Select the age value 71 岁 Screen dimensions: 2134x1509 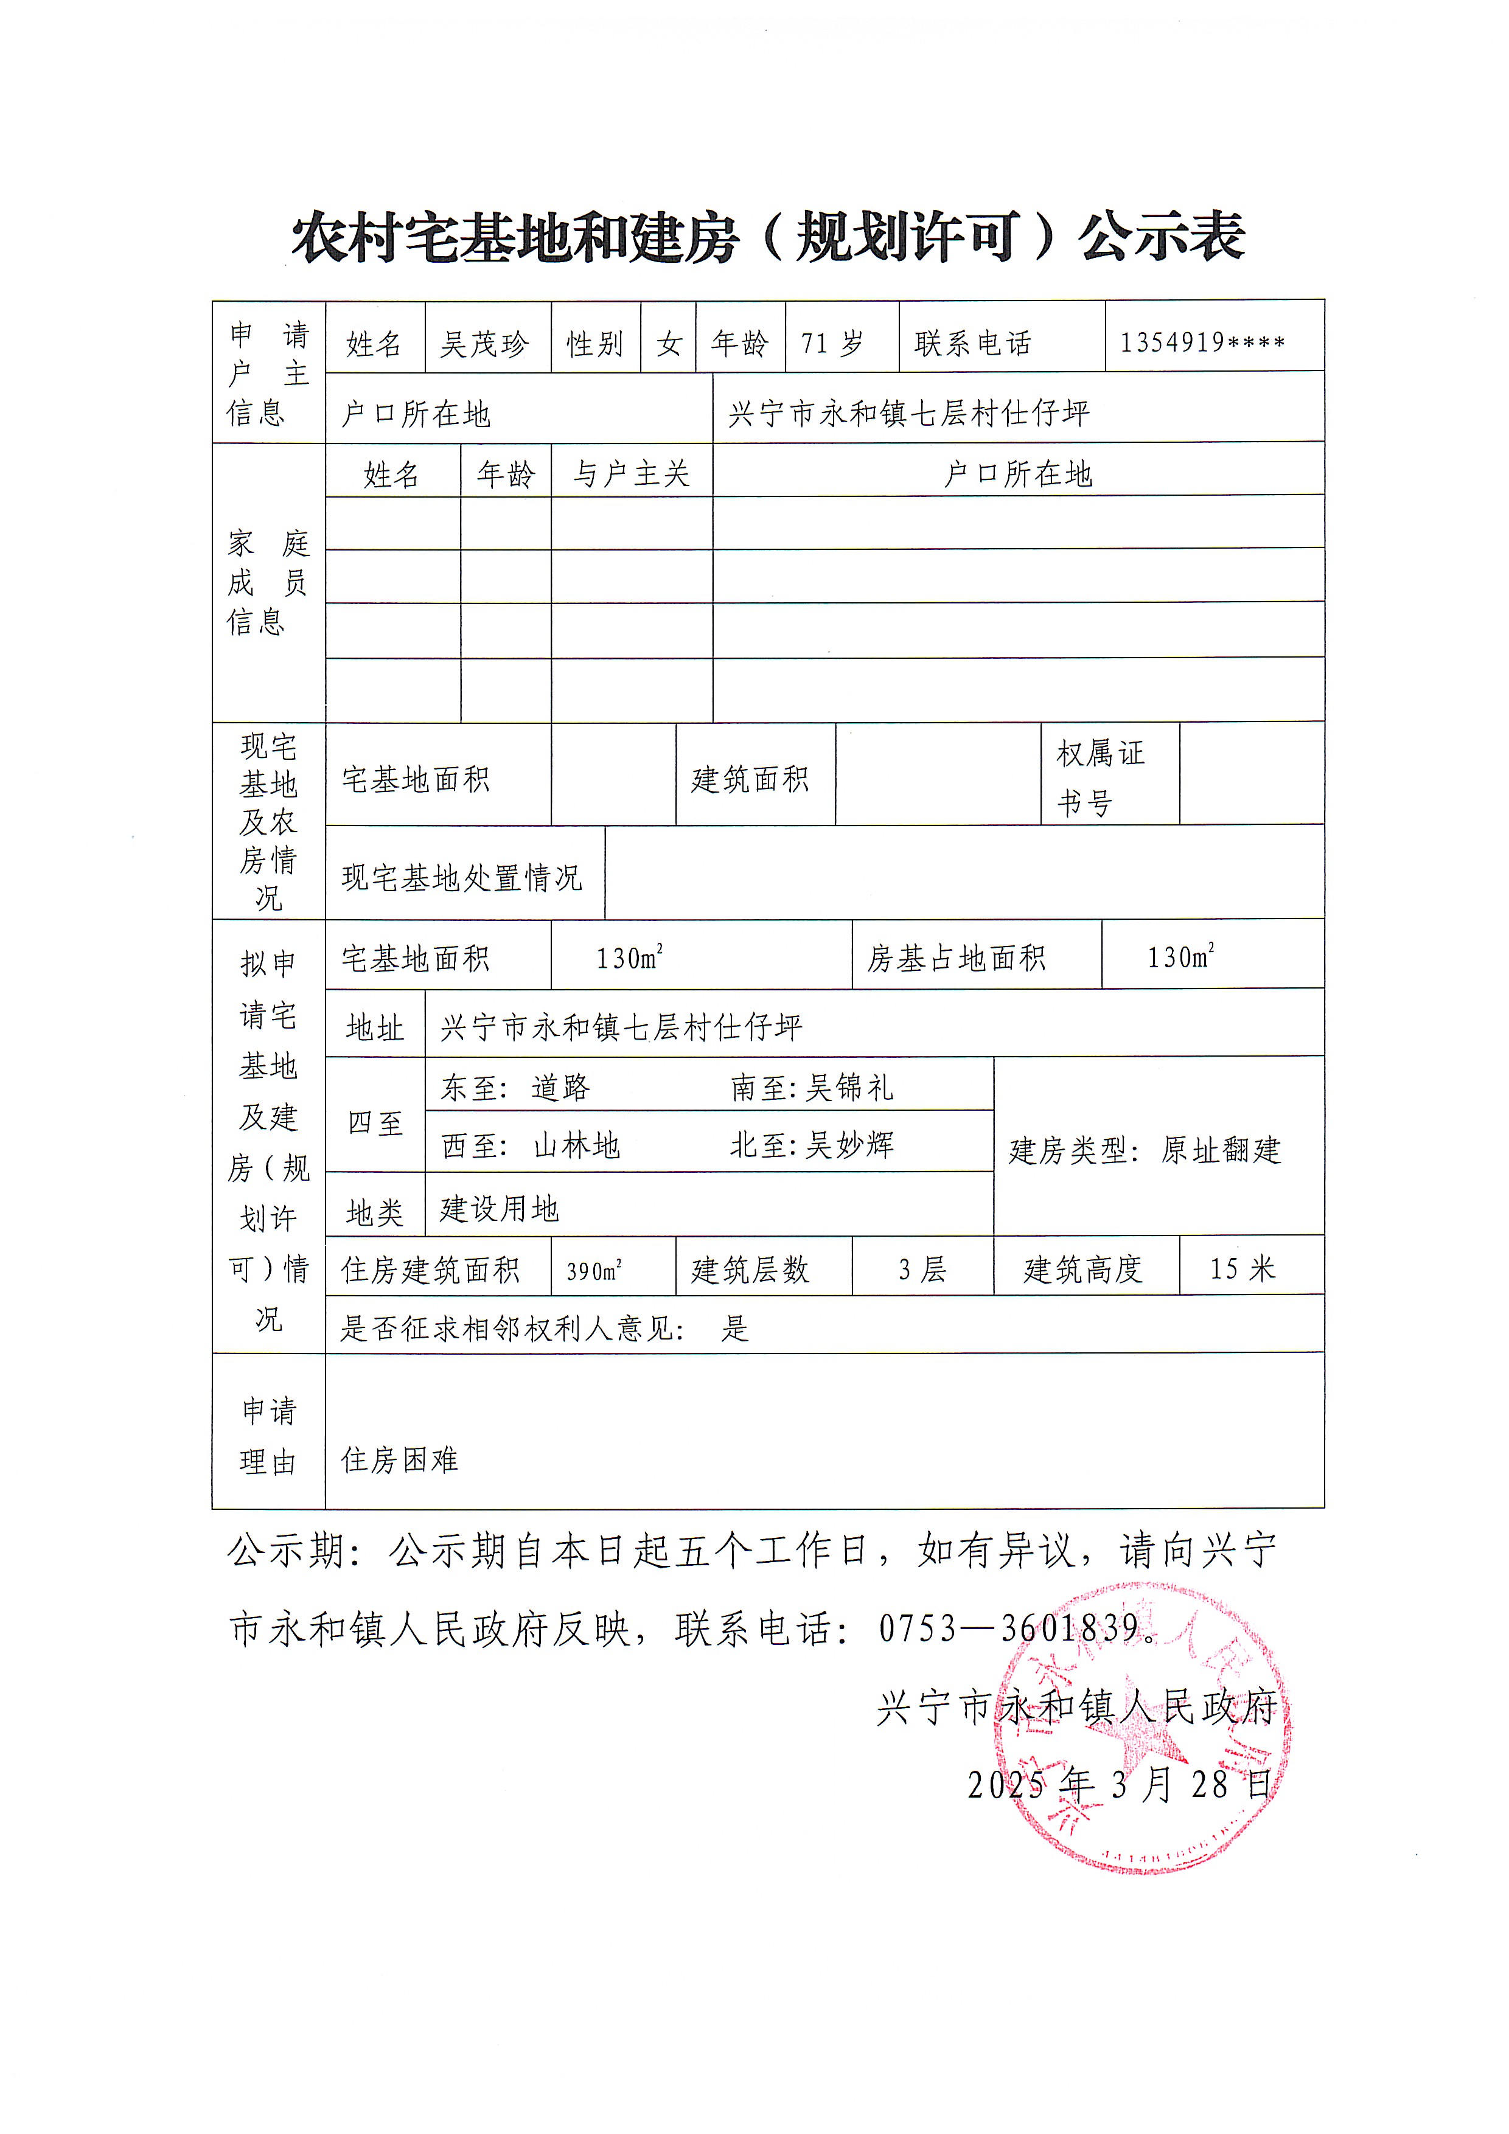(832, 344)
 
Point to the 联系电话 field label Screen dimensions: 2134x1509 (972, 344)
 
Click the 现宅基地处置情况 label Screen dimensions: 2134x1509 (462, 877)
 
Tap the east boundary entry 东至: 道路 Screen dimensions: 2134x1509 (515, 1088)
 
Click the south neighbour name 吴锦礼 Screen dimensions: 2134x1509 (849, 1088)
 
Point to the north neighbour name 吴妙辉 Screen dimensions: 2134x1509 (849, 1145)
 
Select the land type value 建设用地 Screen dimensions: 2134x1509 (500, 1208)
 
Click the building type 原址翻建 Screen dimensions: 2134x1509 (1221, 1151)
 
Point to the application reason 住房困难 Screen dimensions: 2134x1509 (400, 1460)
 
